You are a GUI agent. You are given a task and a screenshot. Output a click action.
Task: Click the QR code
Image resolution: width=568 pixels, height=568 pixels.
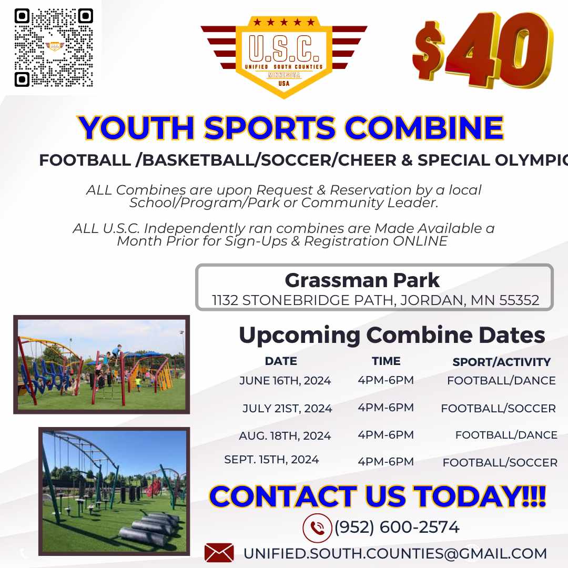point(54,48)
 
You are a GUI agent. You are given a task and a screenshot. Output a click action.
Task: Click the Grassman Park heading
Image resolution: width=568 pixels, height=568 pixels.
point(362,280)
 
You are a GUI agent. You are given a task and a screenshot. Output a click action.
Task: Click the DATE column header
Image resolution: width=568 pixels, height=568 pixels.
point(281,361)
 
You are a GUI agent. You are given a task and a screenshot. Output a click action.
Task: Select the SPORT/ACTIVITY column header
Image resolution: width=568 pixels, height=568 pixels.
point(501,362)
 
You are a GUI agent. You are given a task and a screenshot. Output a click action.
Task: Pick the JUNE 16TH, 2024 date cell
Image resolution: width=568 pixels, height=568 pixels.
point(285,381)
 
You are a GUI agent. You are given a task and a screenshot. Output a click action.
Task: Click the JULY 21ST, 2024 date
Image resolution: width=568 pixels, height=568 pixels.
point(287,409)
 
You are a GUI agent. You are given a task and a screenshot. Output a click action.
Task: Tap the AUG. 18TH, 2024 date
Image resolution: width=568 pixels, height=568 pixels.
point(285,436)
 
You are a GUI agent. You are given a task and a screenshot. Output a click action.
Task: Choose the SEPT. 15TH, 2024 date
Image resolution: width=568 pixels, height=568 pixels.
point(271,460)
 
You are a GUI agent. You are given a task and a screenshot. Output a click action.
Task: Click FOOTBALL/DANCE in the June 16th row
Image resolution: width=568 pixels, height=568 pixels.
point(501,381)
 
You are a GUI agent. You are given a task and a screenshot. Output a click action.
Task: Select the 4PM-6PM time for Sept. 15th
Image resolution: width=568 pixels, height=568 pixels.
point(386,462)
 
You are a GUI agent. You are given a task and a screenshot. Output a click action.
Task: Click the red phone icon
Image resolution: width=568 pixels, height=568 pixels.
point(317,528)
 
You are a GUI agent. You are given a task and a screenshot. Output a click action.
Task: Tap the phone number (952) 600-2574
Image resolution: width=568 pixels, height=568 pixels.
point(397,528)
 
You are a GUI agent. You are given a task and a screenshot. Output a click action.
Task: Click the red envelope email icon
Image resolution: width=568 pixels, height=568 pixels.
point(219,553)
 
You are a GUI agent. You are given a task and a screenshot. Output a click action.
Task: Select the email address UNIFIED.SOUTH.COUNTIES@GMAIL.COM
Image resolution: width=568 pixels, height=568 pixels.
point(395,554)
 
